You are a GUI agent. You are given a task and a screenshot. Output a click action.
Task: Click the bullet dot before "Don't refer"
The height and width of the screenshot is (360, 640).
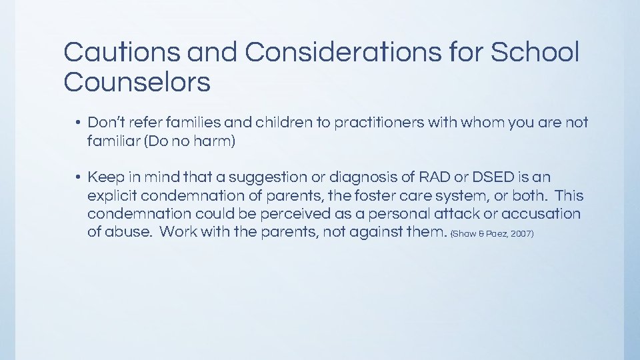point(78,123)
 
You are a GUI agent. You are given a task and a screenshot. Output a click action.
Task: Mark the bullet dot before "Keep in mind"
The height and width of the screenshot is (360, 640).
point(78,177)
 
